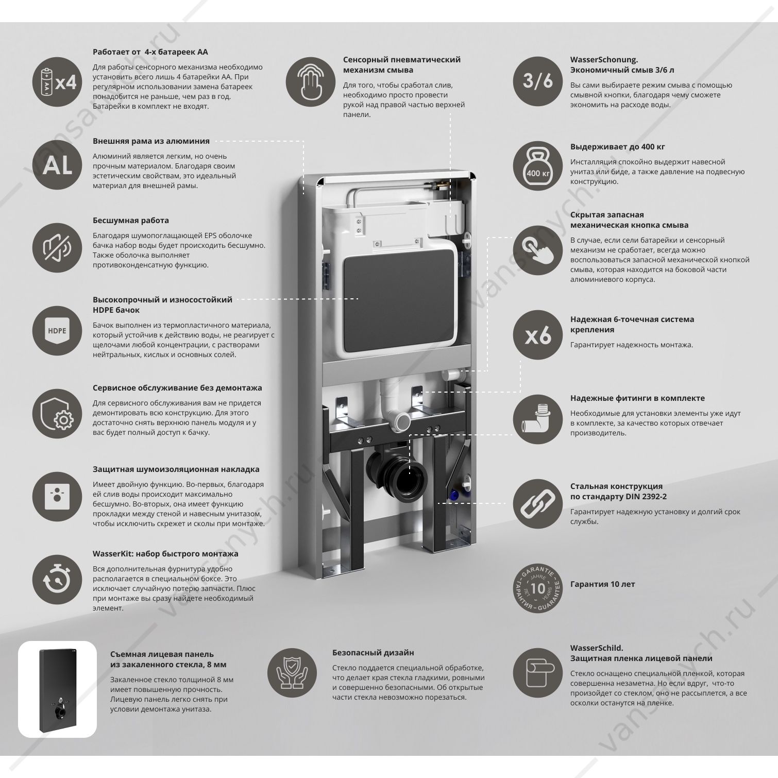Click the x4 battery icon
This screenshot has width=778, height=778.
[x=57, y=82]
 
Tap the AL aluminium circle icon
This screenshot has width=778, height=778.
[x=57, y=165]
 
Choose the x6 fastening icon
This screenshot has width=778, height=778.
[x=538, y=335]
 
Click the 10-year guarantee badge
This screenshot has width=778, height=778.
[x=538, y=588]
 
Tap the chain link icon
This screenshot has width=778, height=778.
[x=538, y=503]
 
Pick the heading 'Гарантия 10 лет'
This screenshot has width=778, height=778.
[x=602, y=584]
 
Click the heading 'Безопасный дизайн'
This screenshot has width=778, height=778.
[x=373, y=653]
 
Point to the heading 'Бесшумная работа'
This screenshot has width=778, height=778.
[x=131, y=221]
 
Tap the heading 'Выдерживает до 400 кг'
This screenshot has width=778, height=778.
[x=617, y=147]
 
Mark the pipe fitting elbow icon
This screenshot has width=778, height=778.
[x=538, y=420]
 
